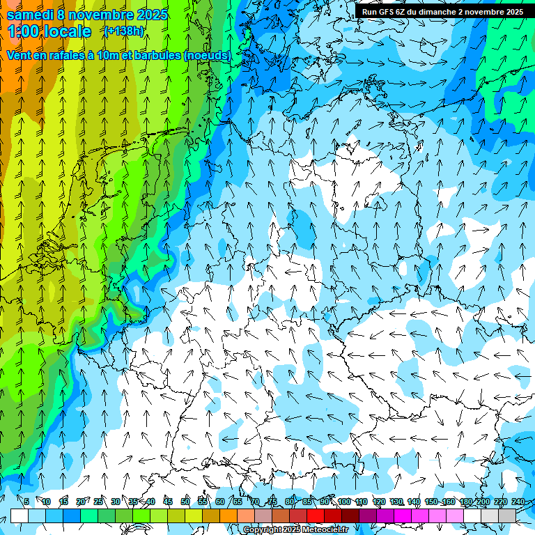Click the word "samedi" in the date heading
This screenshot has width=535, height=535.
[x=32, y=15]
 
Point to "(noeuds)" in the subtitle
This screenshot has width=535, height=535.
[x=207, y=54]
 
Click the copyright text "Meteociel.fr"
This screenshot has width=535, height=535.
[x=325, y=530]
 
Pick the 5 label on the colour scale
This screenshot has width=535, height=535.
[x=26, y=502]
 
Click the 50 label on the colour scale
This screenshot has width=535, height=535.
[x=185, y=502]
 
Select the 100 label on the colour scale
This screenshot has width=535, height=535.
[x=343, y=502]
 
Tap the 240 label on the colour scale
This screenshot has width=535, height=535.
[x=518, y=502]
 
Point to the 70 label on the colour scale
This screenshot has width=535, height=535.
[x=255, y=502]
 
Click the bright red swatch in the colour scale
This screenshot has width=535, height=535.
[x=316, y=515]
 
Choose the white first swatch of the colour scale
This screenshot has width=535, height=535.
[x=19, y=515]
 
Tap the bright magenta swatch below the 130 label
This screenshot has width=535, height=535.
[x=403, y=515]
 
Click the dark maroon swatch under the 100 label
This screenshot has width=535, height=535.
[x=350, y=515]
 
